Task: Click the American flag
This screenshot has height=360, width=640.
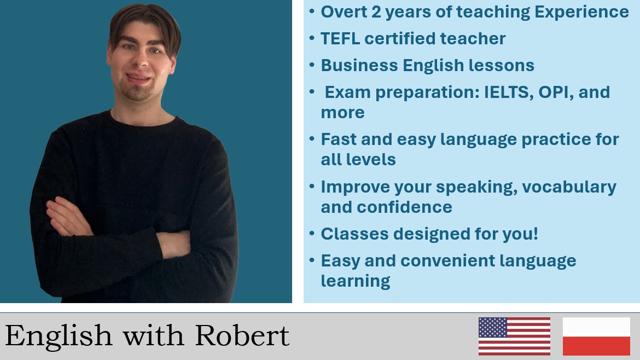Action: pos(514,336)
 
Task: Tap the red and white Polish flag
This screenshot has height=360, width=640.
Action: pos(596,336)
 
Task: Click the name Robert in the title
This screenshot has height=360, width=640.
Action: pos(242,335)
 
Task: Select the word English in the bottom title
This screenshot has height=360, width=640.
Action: pos(59,335)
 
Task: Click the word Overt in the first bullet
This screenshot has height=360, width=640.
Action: pos(344,12)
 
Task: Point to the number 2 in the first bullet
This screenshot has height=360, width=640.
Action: pos(376,12)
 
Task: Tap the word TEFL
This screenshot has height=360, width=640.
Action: pos(340,39)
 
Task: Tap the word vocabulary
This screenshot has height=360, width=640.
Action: pos(569,187)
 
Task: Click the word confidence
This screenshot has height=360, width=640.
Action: pos(404,207)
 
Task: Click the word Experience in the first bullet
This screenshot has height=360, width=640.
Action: pos(581,13)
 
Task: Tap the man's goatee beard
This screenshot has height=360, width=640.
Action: pos(138,92)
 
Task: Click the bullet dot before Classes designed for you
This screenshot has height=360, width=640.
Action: pos(312,234)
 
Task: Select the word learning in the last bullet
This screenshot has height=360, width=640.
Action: pos(355,282)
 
